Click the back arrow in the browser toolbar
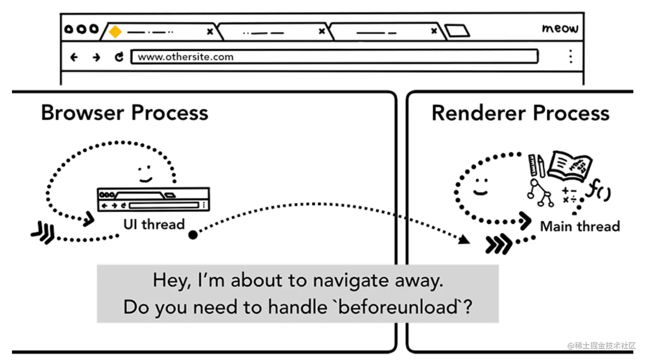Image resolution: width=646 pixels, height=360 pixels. [x=74, y=57]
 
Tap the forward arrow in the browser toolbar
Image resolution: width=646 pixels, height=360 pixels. [x=97, y=57]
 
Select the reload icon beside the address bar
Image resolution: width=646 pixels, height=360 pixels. [x=119, y=57]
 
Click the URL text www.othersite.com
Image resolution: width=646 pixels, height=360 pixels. [x=185, y=57]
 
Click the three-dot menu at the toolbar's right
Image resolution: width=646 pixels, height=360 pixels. [x=571, y=56]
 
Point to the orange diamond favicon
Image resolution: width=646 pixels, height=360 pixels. [x=115, y=32]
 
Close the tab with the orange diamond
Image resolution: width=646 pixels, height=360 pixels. [x=210, y=32]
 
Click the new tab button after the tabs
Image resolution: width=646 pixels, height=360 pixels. [x=457, y=31]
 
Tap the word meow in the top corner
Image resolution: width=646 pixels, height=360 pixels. [x=560, y=28]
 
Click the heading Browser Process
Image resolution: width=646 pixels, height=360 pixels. [x=124, y=113]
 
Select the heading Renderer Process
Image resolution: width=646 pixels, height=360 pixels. [x=520, y=113]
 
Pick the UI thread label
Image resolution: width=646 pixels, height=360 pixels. [x=154, y=224]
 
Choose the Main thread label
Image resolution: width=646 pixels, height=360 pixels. [x=580, y=226]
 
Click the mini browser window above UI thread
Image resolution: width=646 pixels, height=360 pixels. [x=153, y=199]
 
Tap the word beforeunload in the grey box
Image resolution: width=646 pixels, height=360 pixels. [x=398, y=307]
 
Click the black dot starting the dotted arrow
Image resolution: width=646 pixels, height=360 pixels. [x=193, y=234]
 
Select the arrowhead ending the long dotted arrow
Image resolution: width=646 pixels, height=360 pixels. [x=464, y=240]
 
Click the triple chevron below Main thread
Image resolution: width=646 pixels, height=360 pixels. [x=498, y=244]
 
